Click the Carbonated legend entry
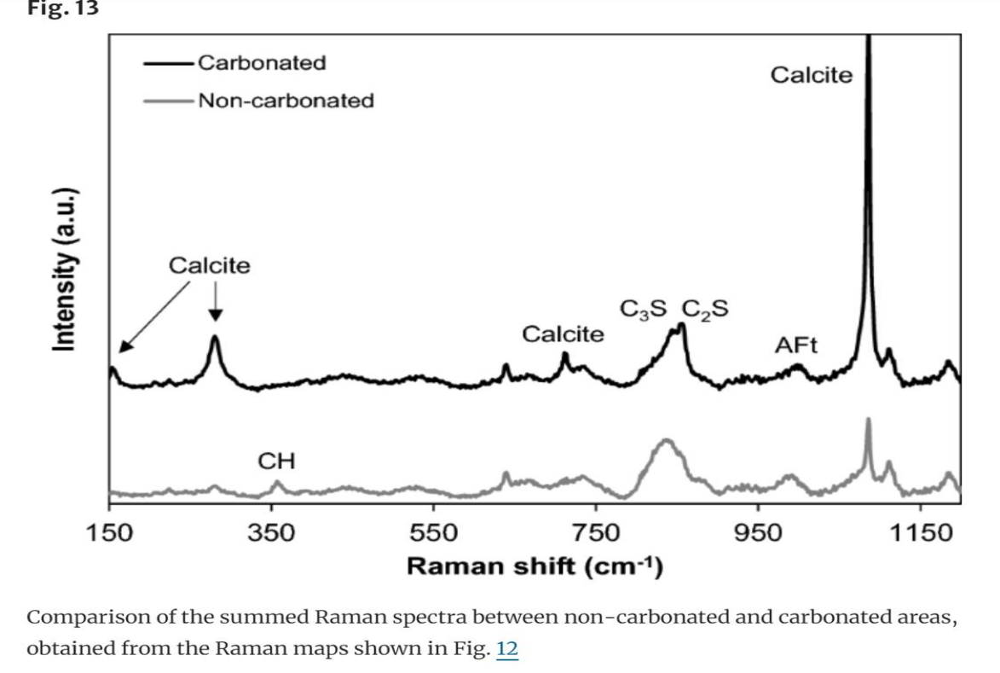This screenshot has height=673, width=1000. [x=261, y=62]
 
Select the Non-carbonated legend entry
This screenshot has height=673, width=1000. [x=285, y=101]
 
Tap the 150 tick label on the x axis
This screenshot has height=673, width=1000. [x=109, y=533]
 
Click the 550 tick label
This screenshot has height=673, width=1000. [x=433, y=533]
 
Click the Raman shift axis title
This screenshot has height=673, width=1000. [x=535, y=566]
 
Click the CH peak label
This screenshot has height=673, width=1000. [x=276, y=461]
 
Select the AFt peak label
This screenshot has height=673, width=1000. [x=795, y=345]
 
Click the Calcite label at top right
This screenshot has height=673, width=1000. [x=811, y=75]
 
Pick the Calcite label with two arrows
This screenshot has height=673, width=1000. [x=210, y=265]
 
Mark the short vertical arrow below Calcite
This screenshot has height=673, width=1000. [x=215, y=302]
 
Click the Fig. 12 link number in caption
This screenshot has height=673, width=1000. [x=506, y=648]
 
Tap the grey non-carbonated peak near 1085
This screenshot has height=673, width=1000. [x=868, y=422]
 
